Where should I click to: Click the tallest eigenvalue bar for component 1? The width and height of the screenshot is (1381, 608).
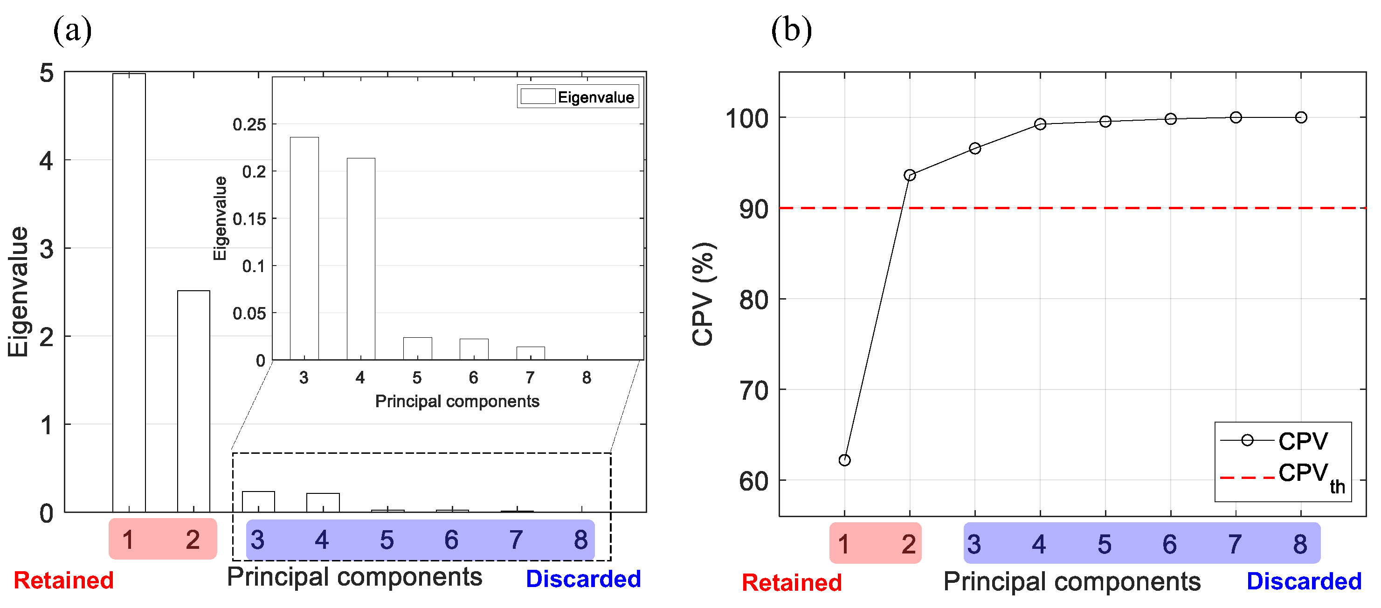click(129, 292)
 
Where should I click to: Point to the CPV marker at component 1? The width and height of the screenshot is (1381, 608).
click(844, 460)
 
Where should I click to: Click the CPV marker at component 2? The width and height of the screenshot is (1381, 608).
click(910, 175)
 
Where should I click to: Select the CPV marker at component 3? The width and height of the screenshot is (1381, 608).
click(975, 148)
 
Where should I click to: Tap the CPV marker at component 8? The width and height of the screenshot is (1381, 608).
click(1301, 117)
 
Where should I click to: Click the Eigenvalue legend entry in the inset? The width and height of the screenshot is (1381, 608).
click(578, 97)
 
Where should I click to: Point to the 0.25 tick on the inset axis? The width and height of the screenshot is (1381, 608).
click(249, 125)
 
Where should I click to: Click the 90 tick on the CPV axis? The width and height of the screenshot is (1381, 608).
click(754, 209)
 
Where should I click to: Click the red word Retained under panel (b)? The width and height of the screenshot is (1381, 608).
click(791, 582)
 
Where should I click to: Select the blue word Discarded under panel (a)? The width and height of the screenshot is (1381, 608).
click(583, 579)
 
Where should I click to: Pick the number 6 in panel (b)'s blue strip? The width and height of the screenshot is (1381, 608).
click(1170, 544)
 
